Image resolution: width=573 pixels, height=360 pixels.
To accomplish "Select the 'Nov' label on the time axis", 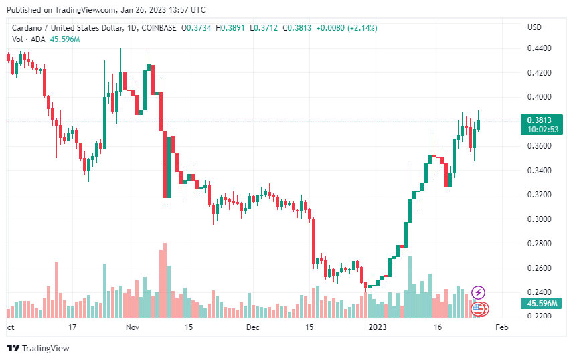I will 132,327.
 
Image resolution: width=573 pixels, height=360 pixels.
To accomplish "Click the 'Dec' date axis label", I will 252,327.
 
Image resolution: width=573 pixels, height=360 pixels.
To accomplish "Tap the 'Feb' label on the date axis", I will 502,327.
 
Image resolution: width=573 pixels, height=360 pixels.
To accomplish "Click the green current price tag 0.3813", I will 539,120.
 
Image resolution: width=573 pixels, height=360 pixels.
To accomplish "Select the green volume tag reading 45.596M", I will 539,304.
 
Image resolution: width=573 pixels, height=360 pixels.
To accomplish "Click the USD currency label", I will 534,27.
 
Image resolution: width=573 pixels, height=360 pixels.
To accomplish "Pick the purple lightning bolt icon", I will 478,292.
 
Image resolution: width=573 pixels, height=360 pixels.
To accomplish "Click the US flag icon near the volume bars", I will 478,308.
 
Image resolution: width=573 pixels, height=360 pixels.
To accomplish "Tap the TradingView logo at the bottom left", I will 38,348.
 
